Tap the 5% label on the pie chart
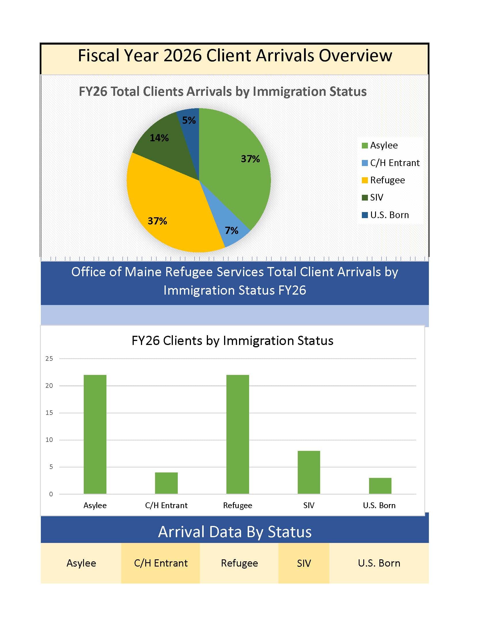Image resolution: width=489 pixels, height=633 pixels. (x=189, y=120)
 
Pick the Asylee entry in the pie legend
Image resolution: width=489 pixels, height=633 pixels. (x=380, y=145)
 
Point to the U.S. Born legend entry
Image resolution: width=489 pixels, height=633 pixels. (x=385, y=215)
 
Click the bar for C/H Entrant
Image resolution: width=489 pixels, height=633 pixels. (x=166, y=483)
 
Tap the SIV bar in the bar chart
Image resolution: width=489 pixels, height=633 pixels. (x=309, y=472)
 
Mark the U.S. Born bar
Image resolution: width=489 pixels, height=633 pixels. (x=380, y=486)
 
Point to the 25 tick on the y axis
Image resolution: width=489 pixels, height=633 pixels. (x=49, y=359)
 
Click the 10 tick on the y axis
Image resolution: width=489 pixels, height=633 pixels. (x=49, y=440)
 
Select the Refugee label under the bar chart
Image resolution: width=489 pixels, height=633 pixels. (x=238, y=506)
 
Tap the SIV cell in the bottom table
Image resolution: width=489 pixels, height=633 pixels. (x=304, y=563)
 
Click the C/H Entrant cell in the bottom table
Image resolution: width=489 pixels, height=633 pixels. (x=161, y=563)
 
